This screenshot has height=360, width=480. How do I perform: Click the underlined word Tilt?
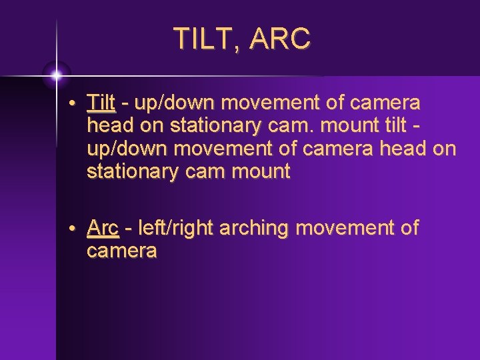pyautogui.click(x=101, y=103)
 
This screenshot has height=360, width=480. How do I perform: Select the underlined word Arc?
pyautogui.click(x=103, y=229)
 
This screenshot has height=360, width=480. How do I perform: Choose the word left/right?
pyautogui.click(x=170, y=229)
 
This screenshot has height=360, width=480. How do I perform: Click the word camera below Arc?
pyautogui.click(x=121, y=251)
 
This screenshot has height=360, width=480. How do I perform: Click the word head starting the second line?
pyautogui.click(x=108, y=126)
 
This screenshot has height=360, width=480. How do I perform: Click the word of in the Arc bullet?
pyautogui.click(x=408, y=229)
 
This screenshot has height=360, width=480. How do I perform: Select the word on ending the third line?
pyautogui.click(x=444, y=149)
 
